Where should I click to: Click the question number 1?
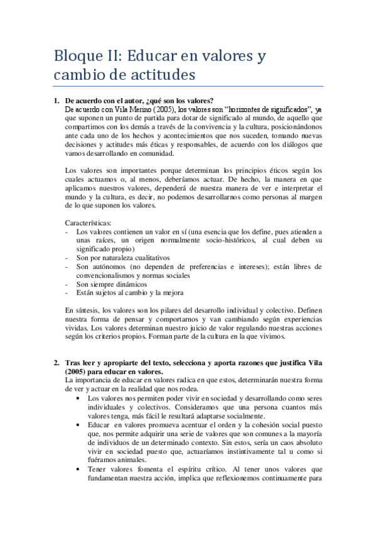coord(55,100)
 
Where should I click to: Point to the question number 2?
coord(55,362)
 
